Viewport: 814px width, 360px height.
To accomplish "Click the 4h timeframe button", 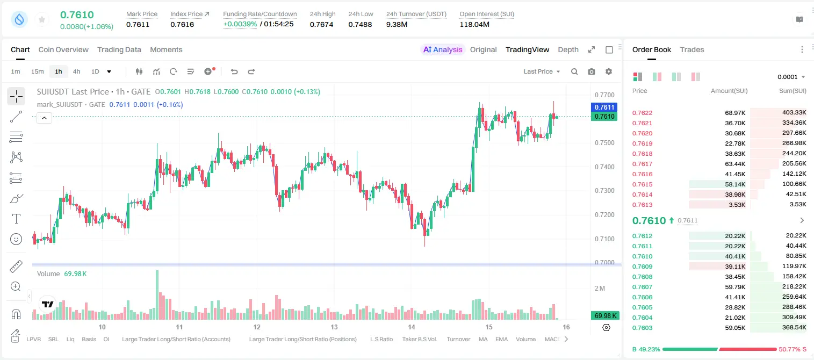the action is coord(76,71).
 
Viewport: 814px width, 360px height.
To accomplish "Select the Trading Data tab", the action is coord(119,50).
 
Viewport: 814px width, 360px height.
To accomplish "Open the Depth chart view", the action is coord(568,50).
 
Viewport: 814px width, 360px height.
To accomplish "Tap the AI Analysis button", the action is coord(443,50).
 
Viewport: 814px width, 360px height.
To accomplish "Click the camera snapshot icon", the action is coord(592,71).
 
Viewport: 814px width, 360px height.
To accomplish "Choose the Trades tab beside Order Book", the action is coord(692,50).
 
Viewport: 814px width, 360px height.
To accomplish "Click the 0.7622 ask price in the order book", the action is coord(642,113).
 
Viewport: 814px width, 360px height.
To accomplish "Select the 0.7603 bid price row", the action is coord(642,328).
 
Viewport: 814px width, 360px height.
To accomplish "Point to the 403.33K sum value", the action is coord(794,113).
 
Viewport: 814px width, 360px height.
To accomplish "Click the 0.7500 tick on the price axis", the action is coord(604,143).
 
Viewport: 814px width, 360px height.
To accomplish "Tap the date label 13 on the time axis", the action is coord(334,327).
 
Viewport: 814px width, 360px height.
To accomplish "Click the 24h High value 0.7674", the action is coord(321,24).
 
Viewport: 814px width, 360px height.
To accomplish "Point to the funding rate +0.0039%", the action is coord(240,24).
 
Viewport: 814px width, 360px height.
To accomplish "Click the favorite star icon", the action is coord(42,19).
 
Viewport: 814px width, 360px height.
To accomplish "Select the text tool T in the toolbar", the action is coord(16,219).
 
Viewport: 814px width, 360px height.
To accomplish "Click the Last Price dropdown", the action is coord(542,71).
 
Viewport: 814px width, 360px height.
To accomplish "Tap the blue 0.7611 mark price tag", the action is coord(604,107).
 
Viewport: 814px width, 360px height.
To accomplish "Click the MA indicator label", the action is coord(483,339).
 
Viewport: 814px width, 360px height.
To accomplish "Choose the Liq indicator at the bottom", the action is coord(70,339).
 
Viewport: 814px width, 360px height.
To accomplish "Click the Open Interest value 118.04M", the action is coord(474,24).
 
